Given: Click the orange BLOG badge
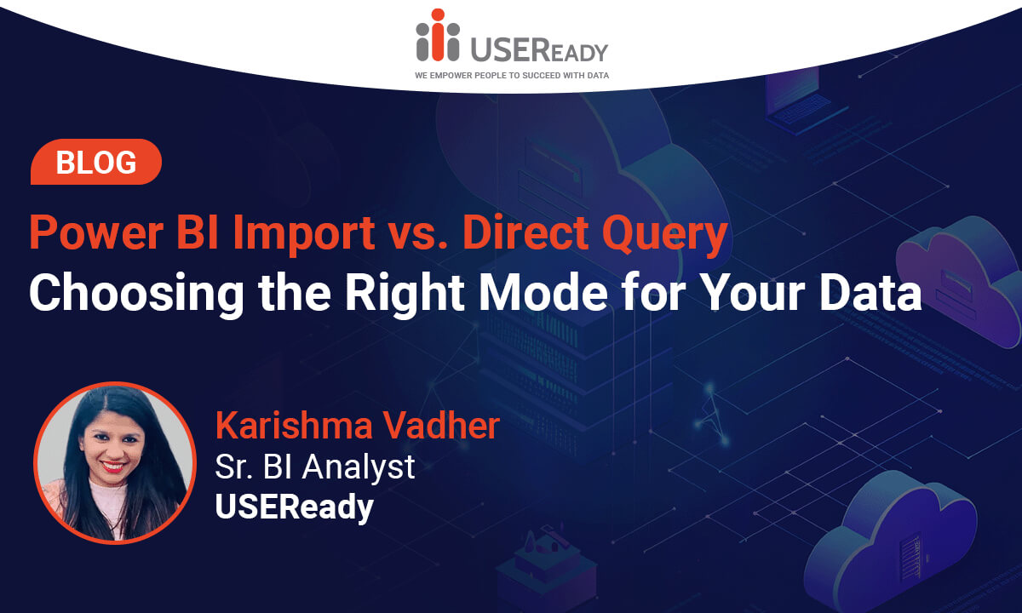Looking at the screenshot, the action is tap(95, 162).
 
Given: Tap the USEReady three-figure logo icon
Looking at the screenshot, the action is tap(438, 35).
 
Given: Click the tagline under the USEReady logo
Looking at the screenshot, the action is tap(512, 76).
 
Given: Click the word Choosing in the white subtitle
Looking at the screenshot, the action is tap(136, 295).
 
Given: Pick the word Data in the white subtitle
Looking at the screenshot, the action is tap(870, 293).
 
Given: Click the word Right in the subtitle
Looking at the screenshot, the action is tap(405, 295).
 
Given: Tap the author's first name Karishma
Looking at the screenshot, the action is tap(295, 425).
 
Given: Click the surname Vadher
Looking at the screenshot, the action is tap(441, 425).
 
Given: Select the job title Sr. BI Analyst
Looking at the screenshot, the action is tap(315, 467).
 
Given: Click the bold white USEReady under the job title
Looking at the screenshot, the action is tap(295, 507).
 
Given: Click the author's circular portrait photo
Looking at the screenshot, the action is tap(115, 463).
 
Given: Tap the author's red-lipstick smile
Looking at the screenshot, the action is tap(112, 467).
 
